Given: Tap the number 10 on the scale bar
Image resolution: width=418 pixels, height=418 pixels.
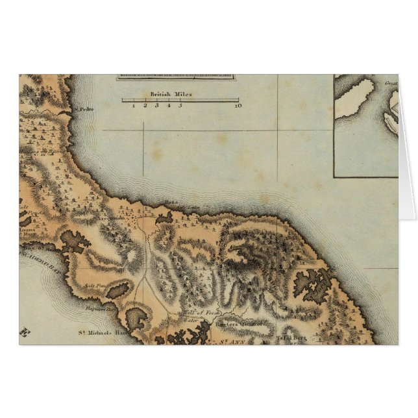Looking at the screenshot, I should click(238, 105).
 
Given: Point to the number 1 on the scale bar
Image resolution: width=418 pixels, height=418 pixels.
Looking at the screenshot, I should click(133, 105).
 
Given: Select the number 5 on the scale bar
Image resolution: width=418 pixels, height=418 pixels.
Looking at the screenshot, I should click(180, 105).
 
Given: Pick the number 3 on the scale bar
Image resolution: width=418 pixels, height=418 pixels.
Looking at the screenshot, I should click(156, 105).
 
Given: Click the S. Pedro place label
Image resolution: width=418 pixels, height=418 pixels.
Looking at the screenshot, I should click(84, 109).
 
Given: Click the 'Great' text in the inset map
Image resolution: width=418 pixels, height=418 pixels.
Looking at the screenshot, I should click(391, 83).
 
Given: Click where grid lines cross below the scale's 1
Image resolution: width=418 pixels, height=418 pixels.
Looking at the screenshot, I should click(143, 130).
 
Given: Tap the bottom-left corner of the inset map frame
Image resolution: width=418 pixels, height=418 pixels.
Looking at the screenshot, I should click(334, 177).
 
